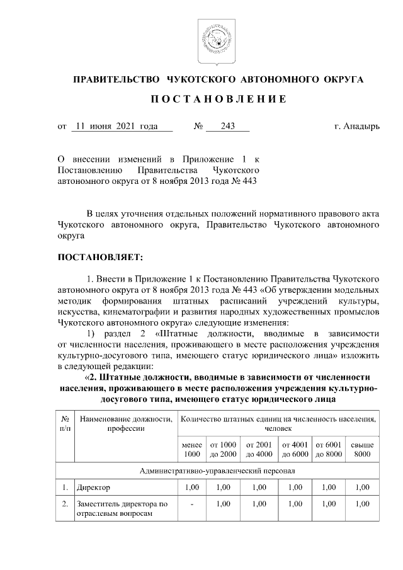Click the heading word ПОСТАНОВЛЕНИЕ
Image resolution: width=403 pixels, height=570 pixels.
click(x=218, y=100)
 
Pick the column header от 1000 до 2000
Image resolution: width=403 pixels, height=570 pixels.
click(x=224, y=449)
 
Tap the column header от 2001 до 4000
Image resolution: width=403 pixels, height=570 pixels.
click(x=259, y=449)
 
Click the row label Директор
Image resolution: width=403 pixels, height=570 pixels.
click(x=93, y=487)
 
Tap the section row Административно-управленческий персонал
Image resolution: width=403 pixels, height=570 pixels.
click(x=218, y=470)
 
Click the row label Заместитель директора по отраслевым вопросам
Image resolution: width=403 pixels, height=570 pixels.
click(x=122, y=508)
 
